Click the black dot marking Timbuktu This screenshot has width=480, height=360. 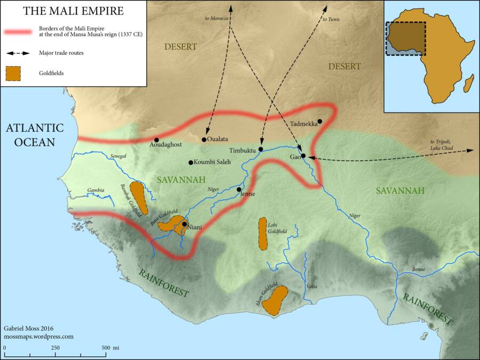coord(261,149)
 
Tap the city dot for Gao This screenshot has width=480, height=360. coord(303,156)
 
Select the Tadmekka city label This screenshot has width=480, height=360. coord(303,124)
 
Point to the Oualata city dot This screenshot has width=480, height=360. coord(204,140)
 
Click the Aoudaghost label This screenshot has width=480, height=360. coord(166,145)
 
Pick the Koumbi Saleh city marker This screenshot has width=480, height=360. coord(190,162)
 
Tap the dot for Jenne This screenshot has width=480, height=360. coord(239,189)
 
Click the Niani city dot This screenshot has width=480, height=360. coord(184,224)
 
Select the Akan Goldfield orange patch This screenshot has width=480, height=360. coord(276,300)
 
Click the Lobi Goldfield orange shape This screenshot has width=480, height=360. coord(262,233)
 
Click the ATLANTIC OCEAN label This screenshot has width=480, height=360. coord(35,135)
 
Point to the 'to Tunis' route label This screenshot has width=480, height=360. coord(331,20)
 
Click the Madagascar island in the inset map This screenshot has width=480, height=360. coord(469,83)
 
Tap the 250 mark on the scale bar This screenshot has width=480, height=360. coord(55,347)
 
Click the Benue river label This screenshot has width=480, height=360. coord(419,269)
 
